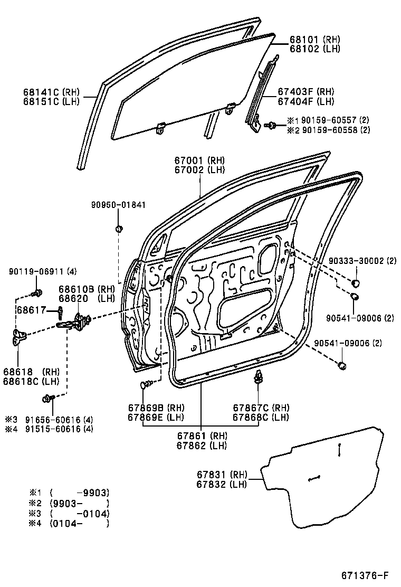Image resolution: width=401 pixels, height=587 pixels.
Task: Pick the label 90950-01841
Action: (x=117, y=205)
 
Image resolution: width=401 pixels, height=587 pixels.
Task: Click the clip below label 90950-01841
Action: (x=119, y=229)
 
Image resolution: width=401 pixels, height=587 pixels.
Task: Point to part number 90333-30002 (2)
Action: (x=362, y=261)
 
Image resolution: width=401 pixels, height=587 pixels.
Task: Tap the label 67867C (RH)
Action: (x=261, y=408)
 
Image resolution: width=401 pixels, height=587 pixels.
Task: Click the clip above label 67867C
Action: (x=259, y=376)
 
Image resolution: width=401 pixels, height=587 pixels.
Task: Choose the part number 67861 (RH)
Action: (x=202, y=435)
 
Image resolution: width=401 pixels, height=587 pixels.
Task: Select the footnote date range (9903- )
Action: (x=79, y=503)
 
